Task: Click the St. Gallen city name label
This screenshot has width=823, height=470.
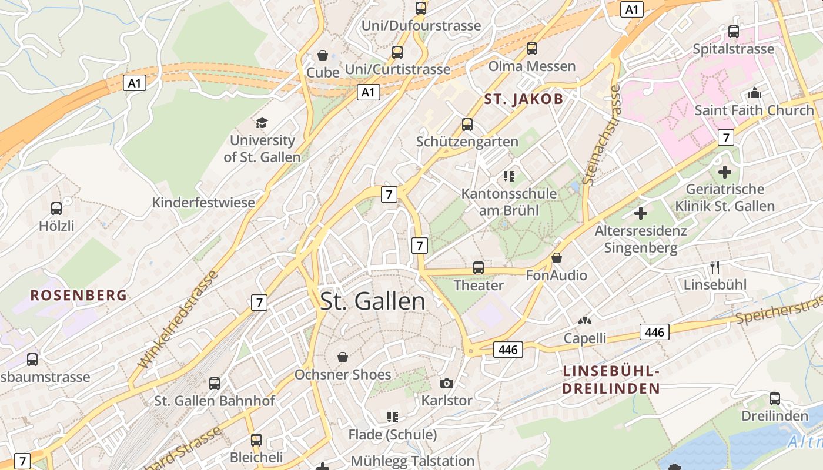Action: pyautogui.click(x=373, y=301)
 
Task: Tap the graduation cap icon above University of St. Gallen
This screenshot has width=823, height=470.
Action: pyautogui.click(x=262, y=123)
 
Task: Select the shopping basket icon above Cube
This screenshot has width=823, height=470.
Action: pyautogui.click(x=323, y=55)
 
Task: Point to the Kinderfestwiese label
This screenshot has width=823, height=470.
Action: pyautogui.click(x=203, y=203)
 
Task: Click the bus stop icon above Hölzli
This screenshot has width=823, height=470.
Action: pyautogui.click(x=56, y=208)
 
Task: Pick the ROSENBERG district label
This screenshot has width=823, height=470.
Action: pyautogui.click(x=79, y=295)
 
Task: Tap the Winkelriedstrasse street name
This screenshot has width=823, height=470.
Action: pyautogui.click(x=179, y=320)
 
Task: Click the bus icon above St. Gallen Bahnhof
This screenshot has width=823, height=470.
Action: pyautogui.click(x=215, y=384)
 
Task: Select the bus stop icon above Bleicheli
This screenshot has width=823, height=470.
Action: pyautogui.click(x=256, y=439)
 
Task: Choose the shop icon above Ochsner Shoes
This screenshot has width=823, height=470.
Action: pyautogui.click(x=343, y=357)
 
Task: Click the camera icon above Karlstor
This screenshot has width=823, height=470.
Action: pyautogui.click(x=447, y=383)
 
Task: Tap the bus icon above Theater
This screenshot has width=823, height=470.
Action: pyautogui.click(x=479, y=268)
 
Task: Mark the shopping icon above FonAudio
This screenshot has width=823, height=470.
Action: pyautogui.click(x=557, y=258)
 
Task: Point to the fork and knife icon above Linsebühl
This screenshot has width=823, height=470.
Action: pyautogui.click(x=715, y=267)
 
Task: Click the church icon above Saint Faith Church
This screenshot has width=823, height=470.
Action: pyautogui.click(x=754, y=93)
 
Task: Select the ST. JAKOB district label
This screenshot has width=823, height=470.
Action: pyautogui.click(x=524, y=99)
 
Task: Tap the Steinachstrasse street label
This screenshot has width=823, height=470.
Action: pyautogui.click(x=601, y=135)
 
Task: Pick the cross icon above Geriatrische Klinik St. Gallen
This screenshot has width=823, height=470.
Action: pyautogui.click(x=725, y=172)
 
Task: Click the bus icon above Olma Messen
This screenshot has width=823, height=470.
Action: pyautogui.click(x=532, y=49)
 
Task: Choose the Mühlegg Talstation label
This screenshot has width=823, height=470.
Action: pyautogui.click(x=412, y=461)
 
